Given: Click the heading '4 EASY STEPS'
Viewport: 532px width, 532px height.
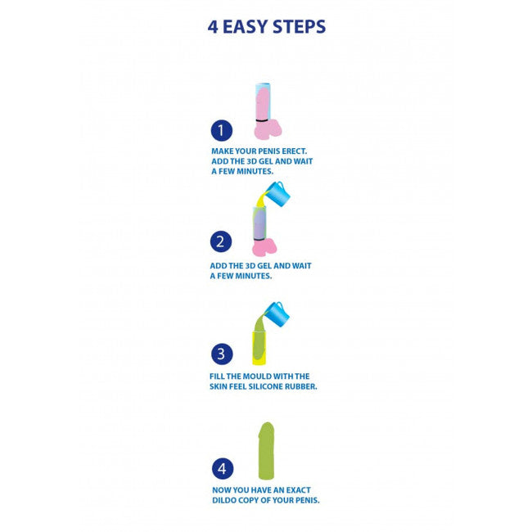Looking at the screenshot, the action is (x=266, y=27).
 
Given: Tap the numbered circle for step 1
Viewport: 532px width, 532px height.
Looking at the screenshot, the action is (x=222, y=131).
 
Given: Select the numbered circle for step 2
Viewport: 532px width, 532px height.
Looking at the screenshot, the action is (x=221, y=241).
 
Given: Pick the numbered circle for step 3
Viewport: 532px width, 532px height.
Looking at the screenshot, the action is (x=222, y=354).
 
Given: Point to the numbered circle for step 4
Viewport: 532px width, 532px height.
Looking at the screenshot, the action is (x=223, y=468).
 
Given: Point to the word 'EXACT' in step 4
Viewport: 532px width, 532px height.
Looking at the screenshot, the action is (x=298, y=490).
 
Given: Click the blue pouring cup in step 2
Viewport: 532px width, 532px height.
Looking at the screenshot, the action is (x=277, y=195).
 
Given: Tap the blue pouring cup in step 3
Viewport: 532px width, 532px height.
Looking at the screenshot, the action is (x=277, y=314).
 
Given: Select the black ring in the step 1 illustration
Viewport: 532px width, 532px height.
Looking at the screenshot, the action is (x=262, y=120).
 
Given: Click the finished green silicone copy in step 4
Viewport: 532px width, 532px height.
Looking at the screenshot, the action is (x=266, y=451).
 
